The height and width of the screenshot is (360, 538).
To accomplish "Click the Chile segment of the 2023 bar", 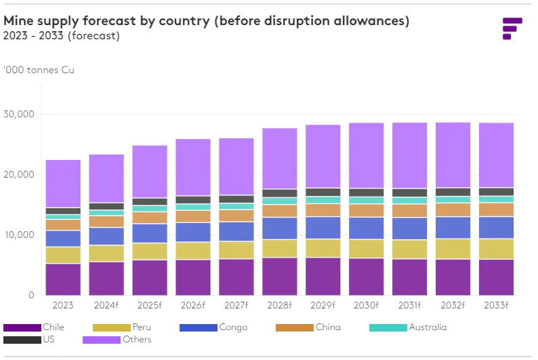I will point(63,279).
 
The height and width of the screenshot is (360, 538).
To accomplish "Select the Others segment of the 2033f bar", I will point(496,155).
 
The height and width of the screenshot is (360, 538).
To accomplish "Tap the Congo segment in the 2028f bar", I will point(280,228).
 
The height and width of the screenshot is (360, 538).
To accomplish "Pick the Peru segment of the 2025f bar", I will point(150,252).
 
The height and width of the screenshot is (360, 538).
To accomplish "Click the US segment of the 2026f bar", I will point(193,200).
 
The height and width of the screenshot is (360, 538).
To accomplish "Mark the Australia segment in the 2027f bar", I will point(236,206).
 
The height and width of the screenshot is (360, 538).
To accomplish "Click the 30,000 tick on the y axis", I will point(21,114).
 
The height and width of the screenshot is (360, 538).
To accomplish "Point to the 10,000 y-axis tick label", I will point(21,235).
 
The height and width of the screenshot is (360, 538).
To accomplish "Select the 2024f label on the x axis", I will point(106,306).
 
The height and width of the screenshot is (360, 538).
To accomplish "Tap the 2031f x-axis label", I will point(409,306).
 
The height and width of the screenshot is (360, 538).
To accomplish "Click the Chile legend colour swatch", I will point(22,328).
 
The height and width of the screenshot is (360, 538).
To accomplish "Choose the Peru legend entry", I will point(123,327).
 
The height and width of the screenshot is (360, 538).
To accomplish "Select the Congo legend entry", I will point(218,327).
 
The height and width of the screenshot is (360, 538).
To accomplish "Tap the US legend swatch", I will point(22,340).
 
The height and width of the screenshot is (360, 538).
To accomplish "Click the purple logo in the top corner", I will point(512,28).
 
